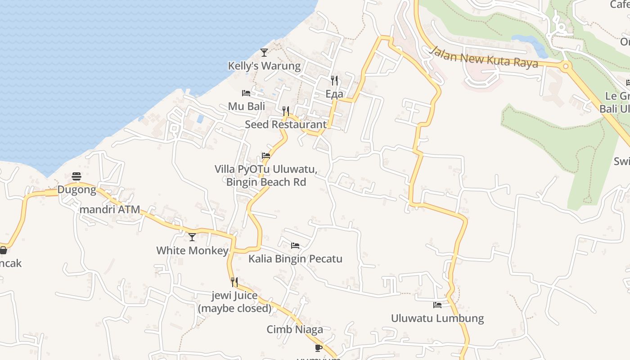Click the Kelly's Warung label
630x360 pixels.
tap(264, 66)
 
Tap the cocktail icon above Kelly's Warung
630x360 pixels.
tap(264, 53)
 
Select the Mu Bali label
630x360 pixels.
tap(246, 106)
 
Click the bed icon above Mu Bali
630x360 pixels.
tap(246, 93)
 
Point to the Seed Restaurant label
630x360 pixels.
tap(286, 124)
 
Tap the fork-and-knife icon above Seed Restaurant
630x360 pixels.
tap(285, 111)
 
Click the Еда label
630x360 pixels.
tap(334, 94)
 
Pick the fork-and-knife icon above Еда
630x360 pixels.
tap(334, 81)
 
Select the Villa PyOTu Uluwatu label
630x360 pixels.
tap(266, 175)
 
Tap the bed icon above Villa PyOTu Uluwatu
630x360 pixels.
tap(266, 156)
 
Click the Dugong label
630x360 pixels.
tap(76, 190)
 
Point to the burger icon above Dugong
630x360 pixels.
tap(76, 176)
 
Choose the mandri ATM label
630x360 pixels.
tap(110, 210)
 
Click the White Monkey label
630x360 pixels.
tap(192, 250)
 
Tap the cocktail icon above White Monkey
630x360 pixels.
tap(192, 237)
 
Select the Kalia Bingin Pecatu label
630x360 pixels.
tap(295, 259)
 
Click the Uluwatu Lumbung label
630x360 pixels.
tap(437, 318)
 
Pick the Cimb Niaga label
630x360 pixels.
tap(295, 329)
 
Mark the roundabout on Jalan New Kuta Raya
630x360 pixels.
tap(566, 67)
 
